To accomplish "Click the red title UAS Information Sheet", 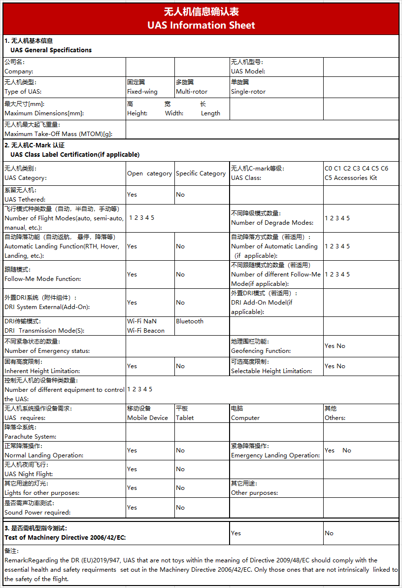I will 201,25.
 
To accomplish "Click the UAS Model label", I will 248,71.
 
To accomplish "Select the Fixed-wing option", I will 142,92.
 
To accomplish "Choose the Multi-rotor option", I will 192,92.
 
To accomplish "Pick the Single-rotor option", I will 248,92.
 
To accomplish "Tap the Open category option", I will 149,173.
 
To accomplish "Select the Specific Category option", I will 201,173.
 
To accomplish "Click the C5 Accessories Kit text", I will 350,178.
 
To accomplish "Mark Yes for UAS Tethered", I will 132,195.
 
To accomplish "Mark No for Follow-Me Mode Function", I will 180,275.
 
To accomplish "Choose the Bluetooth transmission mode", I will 190,321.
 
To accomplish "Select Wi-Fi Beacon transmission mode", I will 146,331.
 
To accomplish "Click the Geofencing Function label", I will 261,351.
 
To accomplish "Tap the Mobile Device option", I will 147,418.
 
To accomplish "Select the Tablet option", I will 185,418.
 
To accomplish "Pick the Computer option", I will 245,418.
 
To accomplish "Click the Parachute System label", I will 30,437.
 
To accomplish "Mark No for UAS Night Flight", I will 180,469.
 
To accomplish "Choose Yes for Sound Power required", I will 132,508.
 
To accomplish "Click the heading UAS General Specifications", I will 51,50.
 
